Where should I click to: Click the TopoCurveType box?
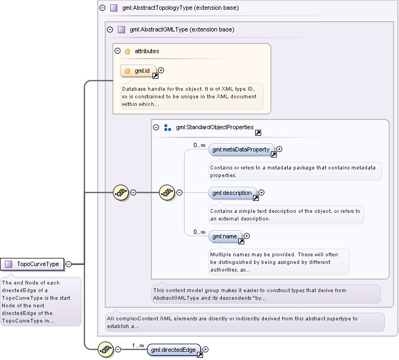click(x=32, y=264)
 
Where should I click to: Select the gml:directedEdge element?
click(x=174, y=350)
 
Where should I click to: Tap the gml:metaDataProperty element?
click(x=242, y=149)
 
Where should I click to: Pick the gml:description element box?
click(x=232, y=193)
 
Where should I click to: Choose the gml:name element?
click(x=225, y=237)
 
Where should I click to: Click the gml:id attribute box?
click(x=138, y=71)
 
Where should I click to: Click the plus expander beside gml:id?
click(x=161, y=70)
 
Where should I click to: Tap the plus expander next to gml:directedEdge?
click(x=205, y=350)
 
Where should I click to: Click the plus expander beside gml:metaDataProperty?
click(x=279, y=149)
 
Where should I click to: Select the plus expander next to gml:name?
click(x=246, y=236)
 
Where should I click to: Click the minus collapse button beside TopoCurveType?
click(x=69, y=264)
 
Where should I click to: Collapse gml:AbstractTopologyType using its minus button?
click(x=102, y=8)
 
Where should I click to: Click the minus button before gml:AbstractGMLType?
click(x=110, y=29)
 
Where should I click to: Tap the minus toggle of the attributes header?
click(x=118, y=51)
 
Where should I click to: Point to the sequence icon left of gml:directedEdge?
click(x=106, y=349)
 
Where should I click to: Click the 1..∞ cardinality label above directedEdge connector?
click(x=138, y=345)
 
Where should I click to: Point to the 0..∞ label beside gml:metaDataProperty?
click(x=199, y=145)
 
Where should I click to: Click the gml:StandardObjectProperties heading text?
click(x=215, y=127)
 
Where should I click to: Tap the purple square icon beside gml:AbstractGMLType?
click(x=122, y=29)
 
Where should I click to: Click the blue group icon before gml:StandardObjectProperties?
click(x=168, y=128)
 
